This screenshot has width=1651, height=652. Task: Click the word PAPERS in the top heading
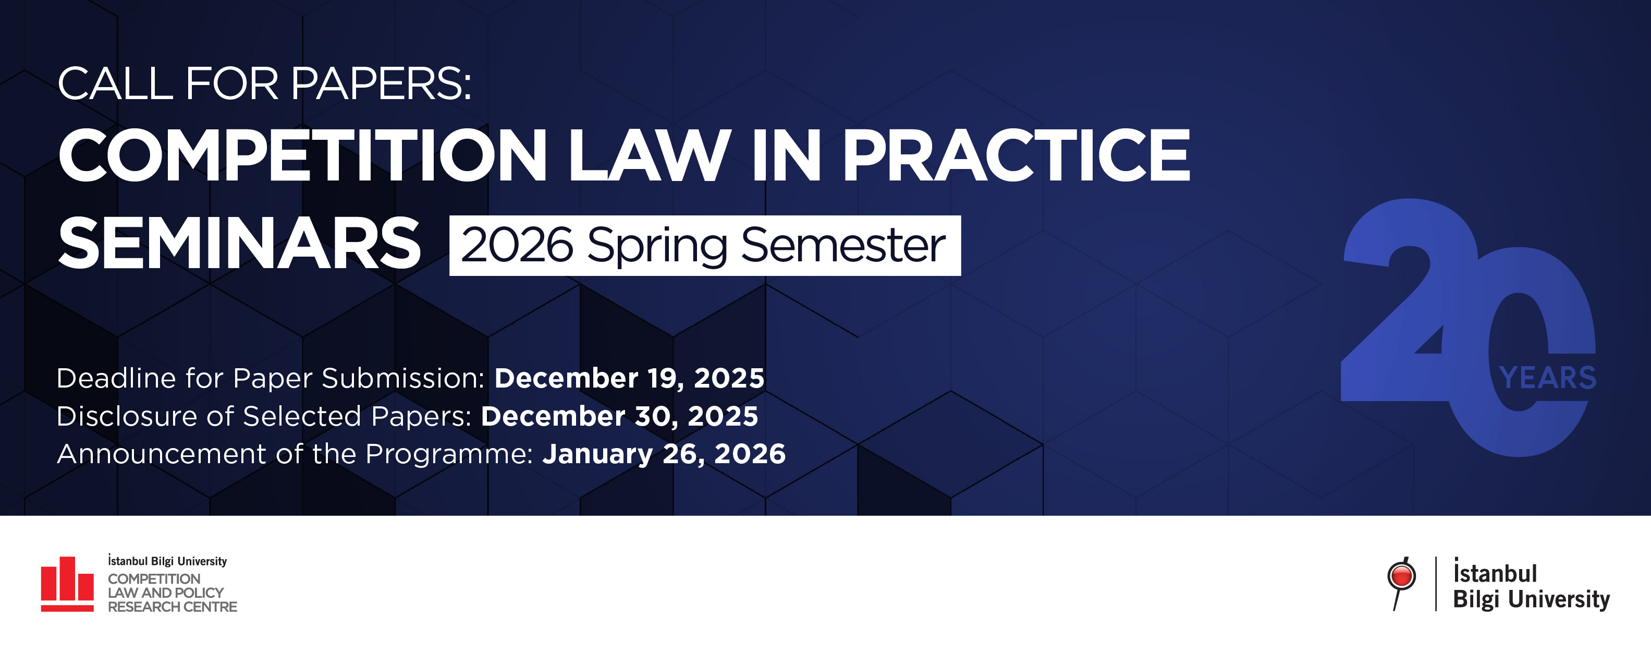pos(382,83)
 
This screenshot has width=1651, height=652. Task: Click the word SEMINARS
pos(240,244)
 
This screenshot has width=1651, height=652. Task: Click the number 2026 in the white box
pos(517,245)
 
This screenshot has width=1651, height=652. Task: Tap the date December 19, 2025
pos(629,378)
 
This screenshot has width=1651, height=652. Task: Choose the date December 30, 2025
pos(619,416)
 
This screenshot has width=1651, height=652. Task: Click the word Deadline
pos(117,378)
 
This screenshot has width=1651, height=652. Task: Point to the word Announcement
pos(162,454)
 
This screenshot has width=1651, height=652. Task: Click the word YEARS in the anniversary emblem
pos(1548,378)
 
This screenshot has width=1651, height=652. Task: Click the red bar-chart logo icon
pos(67,584)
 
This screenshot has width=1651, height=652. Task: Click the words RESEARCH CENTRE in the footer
pos(173,607)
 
